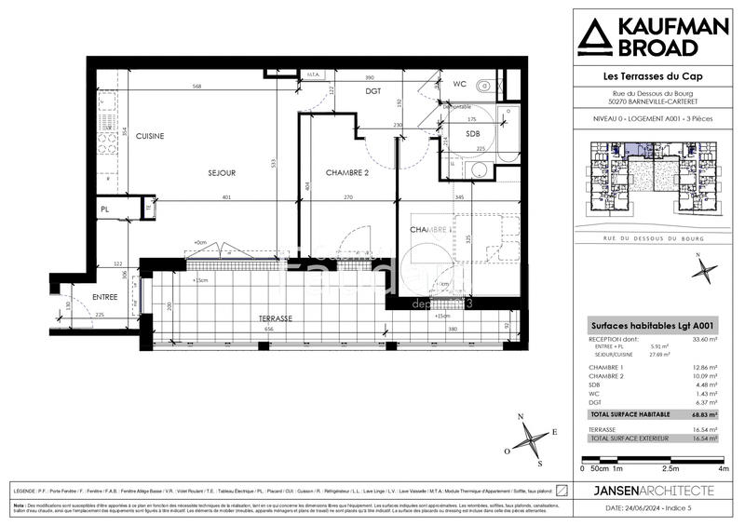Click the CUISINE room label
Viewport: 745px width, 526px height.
coord(149,136)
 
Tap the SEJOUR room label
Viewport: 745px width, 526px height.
coord(222,173)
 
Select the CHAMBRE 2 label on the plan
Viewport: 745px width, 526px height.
coord(347,173)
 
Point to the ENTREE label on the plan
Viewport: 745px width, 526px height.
coord(105,298)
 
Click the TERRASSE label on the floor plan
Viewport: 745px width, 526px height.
coord(276,318)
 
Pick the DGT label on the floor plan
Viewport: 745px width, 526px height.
coord(373,91)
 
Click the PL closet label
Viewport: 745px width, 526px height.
coord(105,209)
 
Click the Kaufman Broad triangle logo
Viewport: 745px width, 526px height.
coord(595,38)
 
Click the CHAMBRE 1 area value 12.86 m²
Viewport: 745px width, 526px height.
coord(706,369)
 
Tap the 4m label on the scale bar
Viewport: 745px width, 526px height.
coord(724,468)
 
